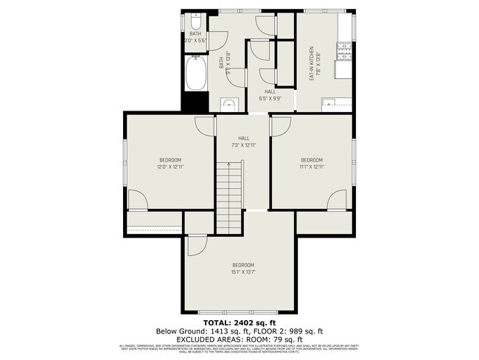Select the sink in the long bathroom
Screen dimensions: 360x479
(230, 104)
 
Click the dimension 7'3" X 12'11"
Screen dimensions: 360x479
(243, 145)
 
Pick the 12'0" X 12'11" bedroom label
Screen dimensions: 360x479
(170, 167)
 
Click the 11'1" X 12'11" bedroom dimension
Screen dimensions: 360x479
(312, 167)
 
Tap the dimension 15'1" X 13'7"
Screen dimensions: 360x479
(243, 271)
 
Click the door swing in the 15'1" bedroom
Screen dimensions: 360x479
(197, 246)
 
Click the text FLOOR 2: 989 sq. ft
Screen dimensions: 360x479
(291, 331)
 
